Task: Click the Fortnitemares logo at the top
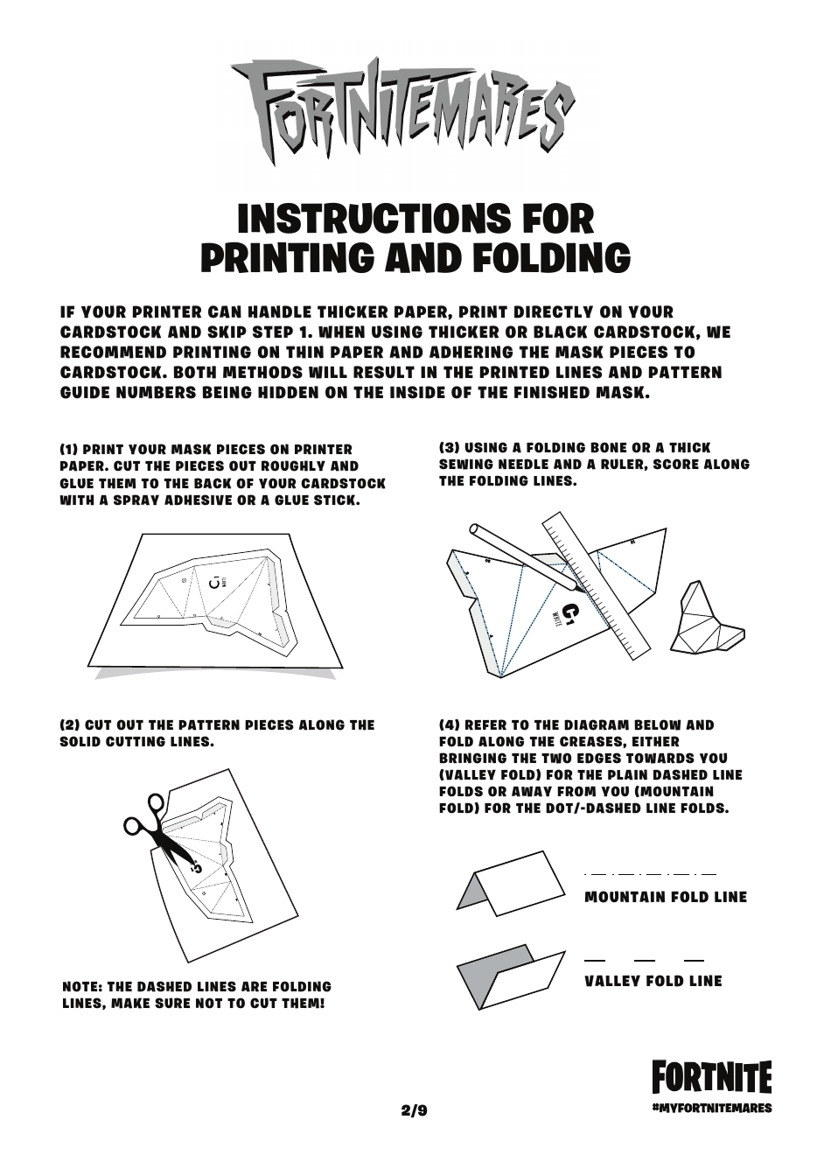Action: (x=403, y=109)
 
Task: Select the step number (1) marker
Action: (x=69, y=450)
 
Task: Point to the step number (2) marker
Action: (x=69, y=725)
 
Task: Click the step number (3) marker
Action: (x=450, y=448)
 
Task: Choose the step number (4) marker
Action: (x=450, y=725)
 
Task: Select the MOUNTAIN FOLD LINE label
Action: (x=666, y=897)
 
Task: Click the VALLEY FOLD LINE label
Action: (x=653, y=981)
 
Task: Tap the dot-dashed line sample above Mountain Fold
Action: (x=650, y=874)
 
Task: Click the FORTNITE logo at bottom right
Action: (x=712, y=1078)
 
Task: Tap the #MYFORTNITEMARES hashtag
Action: (x=712, y=1108)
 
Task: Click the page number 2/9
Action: (x=415, y=1111)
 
